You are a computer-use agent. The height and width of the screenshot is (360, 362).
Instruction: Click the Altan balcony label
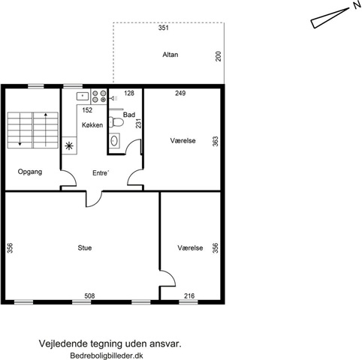click(x=170, y=55)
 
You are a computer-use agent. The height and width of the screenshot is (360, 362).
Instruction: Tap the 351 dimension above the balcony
click(x=164, y=28)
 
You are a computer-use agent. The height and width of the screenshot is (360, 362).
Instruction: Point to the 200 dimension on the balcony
click(x=219, y=56)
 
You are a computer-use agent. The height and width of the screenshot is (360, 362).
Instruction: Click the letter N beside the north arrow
click(x=357, y=5)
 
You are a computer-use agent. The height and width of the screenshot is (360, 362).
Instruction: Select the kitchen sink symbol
click(x=83, y=96)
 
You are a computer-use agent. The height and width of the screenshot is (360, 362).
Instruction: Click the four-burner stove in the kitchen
click(x=99, y=97)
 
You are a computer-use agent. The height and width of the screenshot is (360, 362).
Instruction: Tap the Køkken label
click(x=92, y=125)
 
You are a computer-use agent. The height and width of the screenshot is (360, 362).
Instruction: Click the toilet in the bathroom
click(x=116, y=122)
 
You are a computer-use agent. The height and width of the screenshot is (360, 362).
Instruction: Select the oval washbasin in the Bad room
click(x=114, y=141)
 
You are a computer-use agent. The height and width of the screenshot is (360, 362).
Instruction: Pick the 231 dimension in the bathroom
click(x=139, y=123)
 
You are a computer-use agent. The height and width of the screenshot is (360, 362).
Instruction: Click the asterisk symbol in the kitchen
click(x=69, y=145)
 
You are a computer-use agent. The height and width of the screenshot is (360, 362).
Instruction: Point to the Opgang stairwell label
click(x=30, y=172)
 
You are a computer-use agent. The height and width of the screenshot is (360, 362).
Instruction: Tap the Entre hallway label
click(x=101, y=173)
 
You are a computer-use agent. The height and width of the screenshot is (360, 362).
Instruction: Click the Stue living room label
click(x=85, y=247)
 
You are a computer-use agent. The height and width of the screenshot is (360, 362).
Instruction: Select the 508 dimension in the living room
click(x=89, y=296)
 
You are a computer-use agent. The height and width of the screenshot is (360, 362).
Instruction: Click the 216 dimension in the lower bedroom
click(x=189, y=296)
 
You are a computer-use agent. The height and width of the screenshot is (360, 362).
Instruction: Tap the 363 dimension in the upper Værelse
click(x=216, y=141)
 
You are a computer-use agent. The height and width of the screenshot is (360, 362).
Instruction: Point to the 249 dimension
click(x=180, y=93)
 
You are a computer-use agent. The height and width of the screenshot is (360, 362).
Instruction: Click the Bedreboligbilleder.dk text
click(x=107, y=355)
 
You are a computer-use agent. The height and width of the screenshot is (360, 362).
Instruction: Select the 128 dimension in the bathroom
click(x=129, y=93)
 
